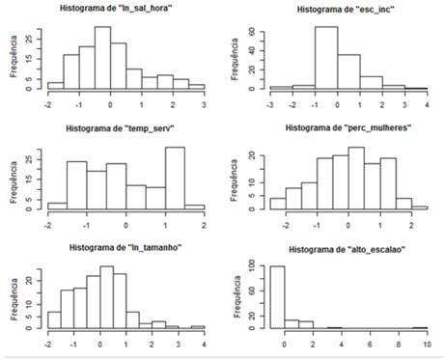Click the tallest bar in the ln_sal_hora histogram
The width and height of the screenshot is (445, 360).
tap(102, 58)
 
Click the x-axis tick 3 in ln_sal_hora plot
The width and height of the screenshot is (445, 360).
tap(204, 100)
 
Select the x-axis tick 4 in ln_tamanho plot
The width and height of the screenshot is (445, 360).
tap(204, 342)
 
